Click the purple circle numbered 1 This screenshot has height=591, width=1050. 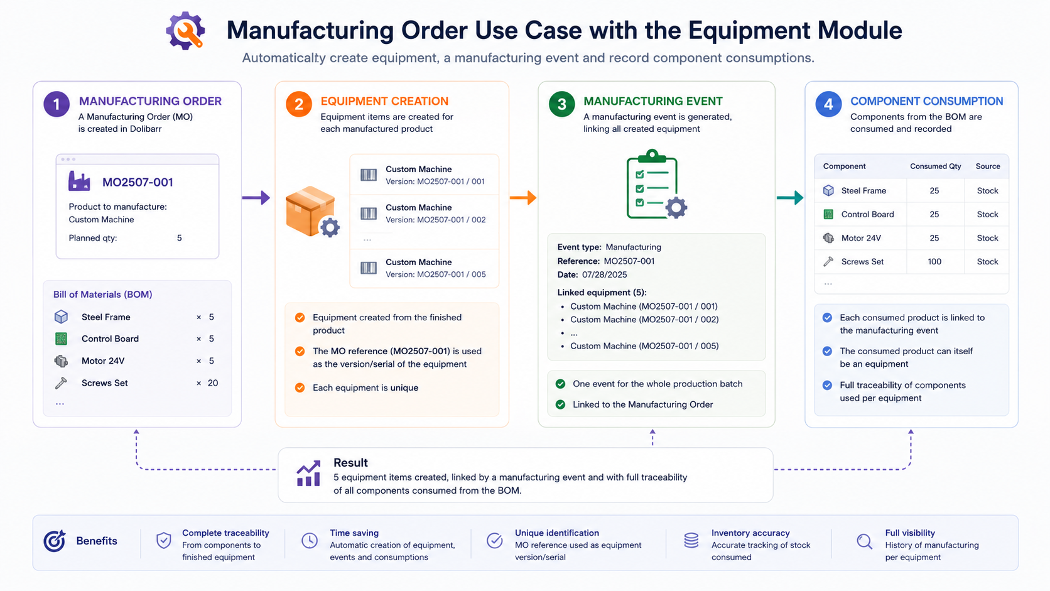click(57, 104)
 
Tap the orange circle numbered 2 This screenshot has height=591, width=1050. click(298, 104)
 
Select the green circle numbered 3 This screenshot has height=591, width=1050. click(561, 104)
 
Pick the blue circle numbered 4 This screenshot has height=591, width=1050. click(828, 104)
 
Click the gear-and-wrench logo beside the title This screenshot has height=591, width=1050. click(186, 31)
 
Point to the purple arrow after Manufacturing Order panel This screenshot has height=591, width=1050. click(256, 198)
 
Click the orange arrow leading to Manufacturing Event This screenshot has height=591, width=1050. click(523, 198)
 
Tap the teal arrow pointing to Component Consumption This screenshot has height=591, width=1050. click(790, 198)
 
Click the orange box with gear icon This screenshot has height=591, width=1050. click(312, 212)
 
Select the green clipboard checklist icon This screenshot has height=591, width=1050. click(656, 184)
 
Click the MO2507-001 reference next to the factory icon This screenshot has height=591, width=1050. click(138, 182)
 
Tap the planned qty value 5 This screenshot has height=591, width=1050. click(179, 238)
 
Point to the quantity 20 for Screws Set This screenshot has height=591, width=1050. click(213, 383)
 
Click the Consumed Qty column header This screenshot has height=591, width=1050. click(935, 166)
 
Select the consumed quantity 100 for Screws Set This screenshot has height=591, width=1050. click(934, 261)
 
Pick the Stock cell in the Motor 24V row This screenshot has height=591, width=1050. click(987, 238)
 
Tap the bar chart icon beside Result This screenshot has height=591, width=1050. click(308, 474)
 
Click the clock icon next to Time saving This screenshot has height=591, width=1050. click(310, 540)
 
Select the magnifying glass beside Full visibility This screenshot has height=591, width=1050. click(864, 541)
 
